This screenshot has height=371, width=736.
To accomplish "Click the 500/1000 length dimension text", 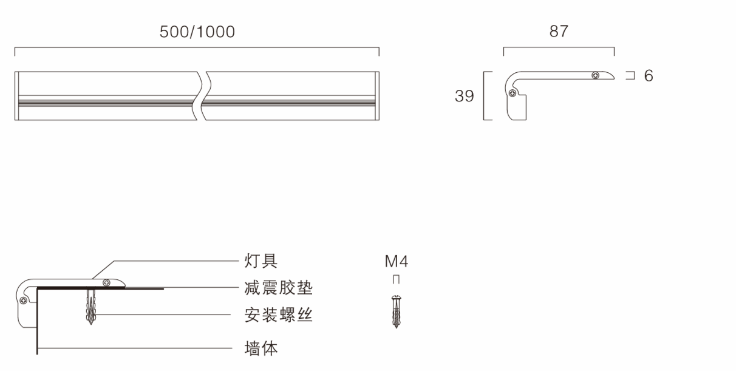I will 197,33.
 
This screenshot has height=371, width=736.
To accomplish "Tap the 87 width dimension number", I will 559,32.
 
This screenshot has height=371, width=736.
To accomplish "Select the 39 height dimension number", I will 465,97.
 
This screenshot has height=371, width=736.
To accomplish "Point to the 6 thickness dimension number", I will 649,76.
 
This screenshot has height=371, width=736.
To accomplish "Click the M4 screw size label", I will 396,262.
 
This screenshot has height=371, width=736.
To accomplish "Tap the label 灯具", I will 261,261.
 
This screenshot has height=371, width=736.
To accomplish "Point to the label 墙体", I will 261,349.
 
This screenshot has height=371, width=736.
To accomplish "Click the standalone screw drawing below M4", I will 396,311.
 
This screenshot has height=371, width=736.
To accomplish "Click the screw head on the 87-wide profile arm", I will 596,75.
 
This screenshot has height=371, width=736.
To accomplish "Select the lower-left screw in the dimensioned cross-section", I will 513,94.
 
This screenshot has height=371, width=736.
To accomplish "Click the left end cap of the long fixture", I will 17,96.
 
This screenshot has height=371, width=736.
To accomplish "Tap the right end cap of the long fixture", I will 377,96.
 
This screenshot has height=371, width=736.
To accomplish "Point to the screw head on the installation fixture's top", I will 107,282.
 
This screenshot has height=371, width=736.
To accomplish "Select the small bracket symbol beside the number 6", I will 630,76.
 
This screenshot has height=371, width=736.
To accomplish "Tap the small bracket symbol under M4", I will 396,279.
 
